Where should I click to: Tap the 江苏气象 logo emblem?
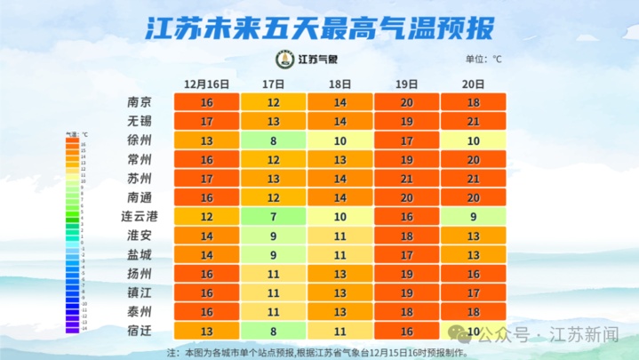(x=284, y=60)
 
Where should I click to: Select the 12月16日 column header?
(x=206, y=84)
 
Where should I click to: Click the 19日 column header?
(x=407, y=84)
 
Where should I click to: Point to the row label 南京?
(x=140, y=102)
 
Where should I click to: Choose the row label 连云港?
(x=140, y=216)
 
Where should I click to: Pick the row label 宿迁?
(x=140, y=331)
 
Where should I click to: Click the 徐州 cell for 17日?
(x=274, y=140)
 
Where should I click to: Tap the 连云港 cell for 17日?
(x=274, y=216)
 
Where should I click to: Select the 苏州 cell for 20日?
(x=473, y=179)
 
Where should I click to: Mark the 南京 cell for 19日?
(x=407, y=102)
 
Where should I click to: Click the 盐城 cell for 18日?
(x=339, y=254)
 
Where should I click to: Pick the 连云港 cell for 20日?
(x=473, y=216)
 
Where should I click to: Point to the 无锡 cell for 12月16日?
(x=206, y=122)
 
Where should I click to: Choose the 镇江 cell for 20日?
(x=473, y=292)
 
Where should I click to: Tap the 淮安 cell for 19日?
(x=407, y=236)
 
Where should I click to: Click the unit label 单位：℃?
(x=483, y=60)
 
